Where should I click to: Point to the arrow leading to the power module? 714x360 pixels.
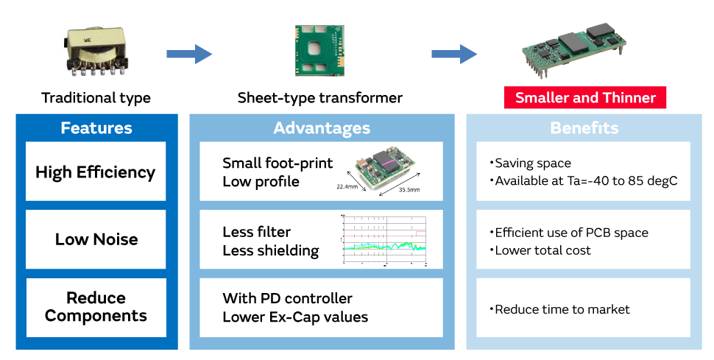coord(453,54)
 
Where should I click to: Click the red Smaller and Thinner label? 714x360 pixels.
coord(585,97)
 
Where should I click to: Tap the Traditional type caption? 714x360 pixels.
coord(96,98)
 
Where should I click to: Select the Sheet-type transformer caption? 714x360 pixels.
coord(320,98)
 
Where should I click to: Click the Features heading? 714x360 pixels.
coord(96,128)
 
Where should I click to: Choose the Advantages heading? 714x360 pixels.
coord(322,128)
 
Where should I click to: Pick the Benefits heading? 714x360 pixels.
coord(584,128)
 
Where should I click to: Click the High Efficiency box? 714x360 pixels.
coord(96,172)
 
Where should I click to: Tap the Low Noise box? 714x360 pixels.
coord(96,239)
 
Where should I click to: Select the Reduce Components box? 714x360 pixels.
coord(96,307)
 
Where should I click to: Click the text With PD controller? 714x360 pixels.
coord(288,299)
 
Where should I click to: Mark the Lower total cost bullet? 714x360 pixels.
coord(543,250)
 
